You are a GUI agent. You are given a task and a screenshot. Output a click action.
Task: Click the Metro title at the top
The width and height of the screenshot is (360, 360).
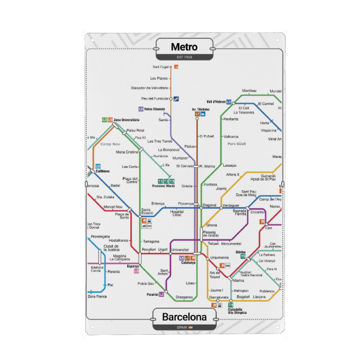click(x=184, y=47)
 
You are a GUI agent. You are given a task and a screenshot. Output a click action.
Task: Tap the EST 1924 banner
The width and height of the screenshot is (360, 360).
click(x=184, y=57)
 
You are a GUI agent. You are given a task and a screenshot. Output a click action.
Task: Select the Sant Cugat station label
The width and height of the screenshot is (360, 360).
click(x=161, y=67)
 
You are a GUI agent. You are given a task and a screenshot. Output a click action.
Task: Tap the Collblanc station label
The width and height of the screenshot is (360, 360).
click(x=103, y=171)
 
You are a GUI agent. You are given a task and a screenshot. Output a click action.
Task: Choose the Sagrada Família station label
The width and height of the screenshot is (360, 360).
click(x=240, y=212)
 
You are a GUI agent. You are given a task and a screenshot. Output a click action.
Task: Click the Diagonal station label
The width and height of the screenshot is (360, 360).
click(x=209, y=205)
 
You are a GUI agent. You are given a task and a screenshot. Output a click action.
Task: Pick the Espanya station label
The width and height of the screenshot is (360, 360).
click(x=133, y=266)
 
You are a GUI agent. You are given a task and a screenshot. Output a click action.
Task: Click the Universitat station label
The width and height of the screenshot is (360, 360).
click(x=180, y=249)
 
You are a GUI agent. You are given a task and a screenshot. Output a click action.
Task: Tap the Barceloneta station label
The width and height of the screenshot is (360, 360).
click(x=218, y=297)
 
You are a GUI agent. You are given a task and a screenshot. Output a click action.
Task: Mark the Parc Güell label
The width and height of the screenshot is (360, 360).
click(x=237, y=144)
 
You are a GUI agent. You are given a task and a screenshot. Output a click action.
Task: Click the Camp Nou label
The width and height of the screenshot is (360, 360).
click(x=110, y=144)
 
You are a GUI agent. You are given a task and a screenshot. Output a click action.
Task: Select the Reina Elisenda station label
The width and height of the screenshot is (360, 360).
click(x=155, y=109)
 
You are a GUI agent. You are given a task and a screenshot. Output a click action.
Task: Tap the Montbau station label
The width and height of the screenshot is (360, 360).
click(x=249, y=91)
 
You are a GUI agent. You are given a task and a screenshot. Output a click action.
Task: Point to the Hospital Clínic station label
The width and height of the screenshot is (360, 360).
click(x=176, y=213)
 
